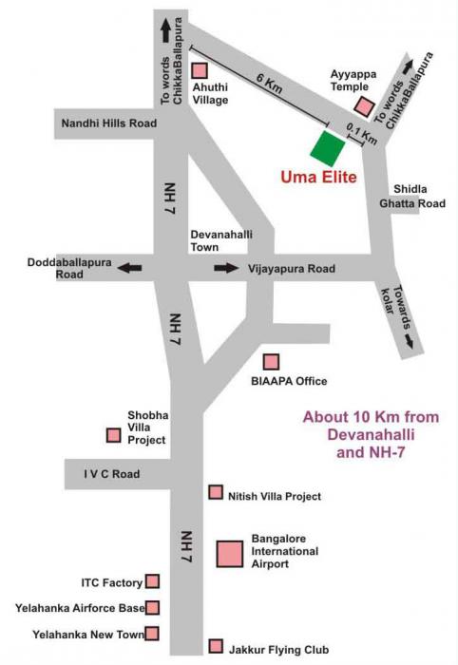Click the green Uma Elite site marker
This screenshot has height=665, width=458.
pos(329,148)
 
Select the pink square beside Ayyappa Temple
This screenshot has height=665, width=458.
pos(363,106)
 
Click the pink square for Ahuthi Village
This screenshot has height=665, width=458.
pos(200,71)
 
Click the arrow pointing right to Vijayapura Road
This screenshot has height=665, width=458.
pos(226,269)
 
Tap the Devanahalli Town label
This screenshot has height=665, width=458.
pos(219,239)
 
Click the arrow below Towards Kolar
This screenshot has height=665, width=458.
pos(410,345)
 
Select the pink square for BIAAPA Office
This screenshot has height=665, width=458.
pos(272,361)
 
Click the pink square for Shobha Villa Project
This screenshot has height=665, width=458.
pos(114,435)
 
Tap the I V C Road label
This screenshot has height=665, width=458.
pos(111,474)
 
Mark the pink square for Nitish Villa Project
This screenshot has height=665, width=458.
pos(216,493)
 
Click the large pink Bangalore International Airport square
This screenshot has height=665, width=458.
pos(230,553)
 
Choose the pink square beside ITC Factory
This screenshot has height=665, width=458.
pos(152,581)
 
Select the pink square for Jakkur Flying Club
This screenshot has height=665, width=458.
pos(216,646)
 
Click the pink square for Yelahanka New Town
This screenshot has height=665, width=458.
pos(152,633)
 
